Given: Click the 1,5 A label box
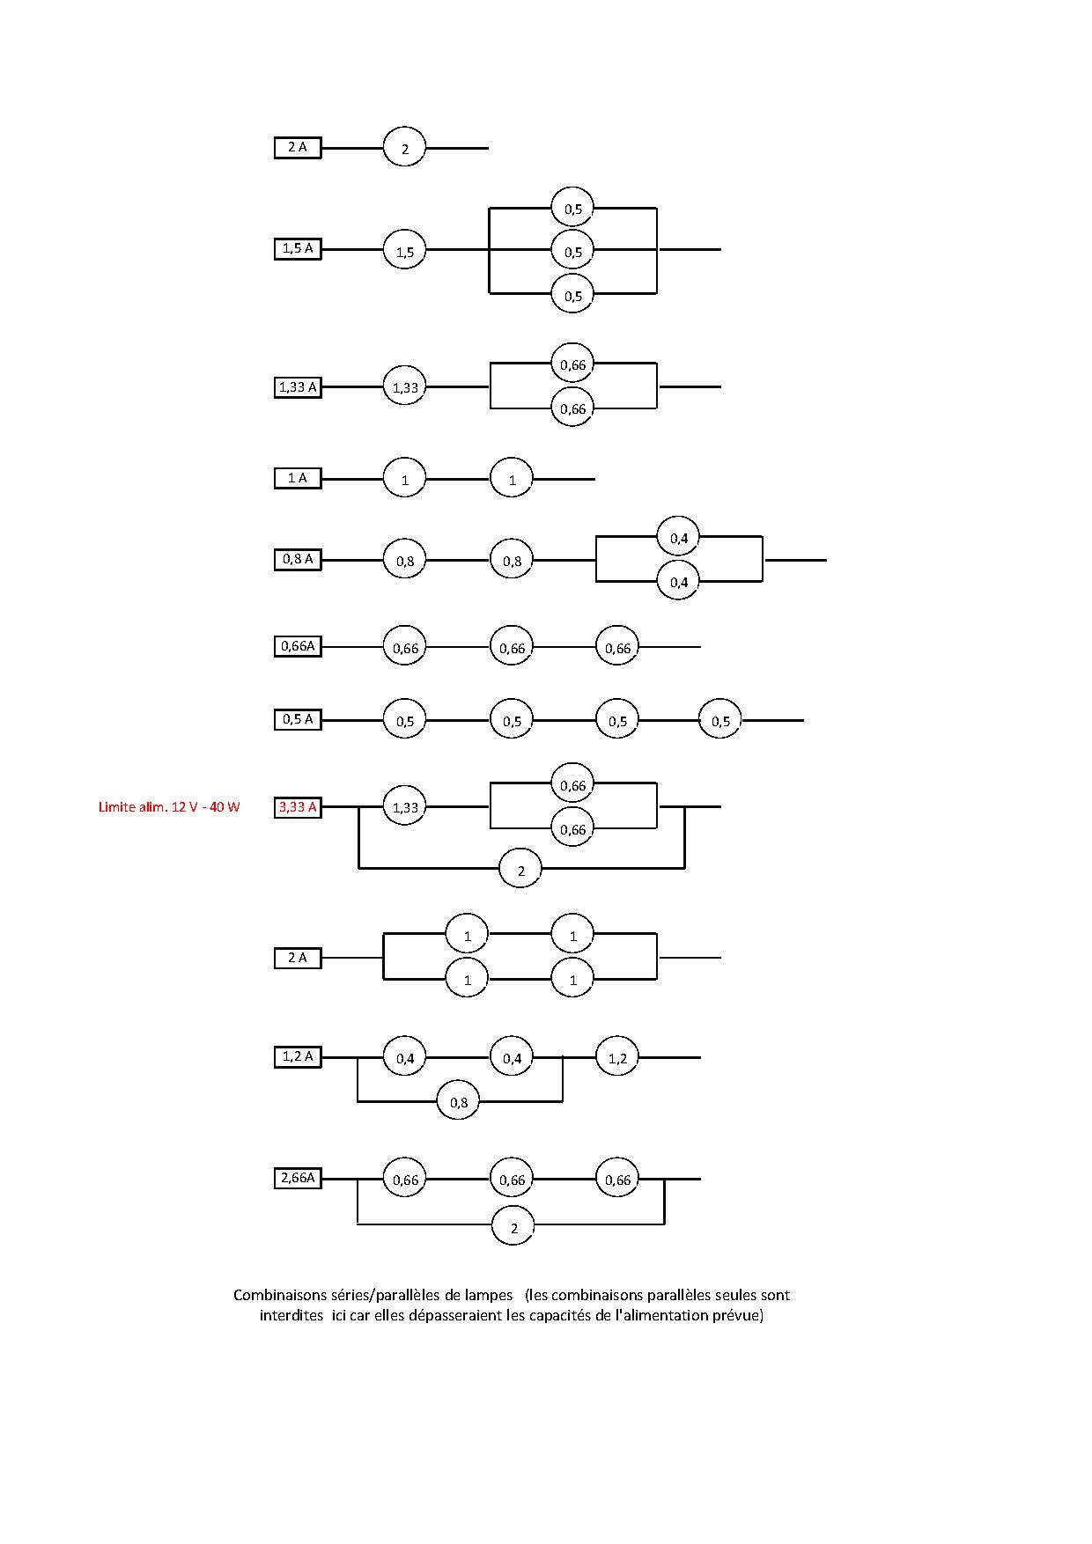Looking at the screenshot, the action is tap(298, 249).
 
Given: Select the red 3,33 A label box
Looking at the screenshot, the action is tap(298, 807).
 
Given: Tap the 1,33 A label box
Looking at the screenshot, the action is tap(298, 387).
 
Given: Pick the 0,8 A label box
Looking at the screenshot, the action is tap(298, 559).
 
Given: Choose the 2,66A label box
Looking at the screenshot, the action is tap(298, 1178).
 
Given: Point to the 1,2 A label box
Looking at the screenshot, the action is tap(298, 1056).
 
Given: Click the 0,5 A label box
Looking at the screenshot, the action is tap(298, 719).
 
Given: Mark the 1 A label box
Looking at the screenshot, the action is tap(298, 478).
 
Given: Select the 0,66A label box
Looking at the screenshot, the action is tap(298, 646).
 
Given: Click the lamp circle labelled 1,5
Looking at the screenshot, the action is tap(404, 251).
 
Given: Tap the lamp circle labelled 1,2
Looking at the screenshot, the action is tap(617, 1057).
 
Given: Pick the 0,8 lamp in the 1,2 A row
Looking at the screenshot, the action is tap(459, 1101).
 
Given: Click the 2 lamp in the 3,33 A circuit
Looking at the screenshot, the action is tap(520, 870).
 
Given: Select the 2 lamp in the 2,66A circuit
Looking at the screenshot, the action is tap(514, 1226).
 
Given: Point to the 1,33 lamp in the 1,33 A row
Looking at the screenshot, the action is tap(404, 386).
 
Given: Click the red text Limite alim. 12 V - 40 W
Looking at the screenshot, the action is tap(169, 807).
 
